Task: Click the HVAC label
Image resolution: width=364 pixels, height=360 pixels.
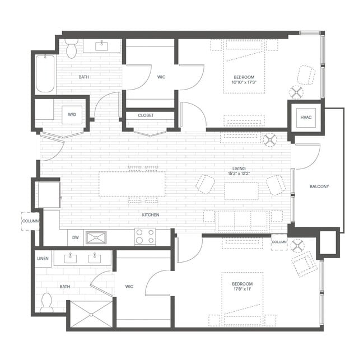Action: point(305,117)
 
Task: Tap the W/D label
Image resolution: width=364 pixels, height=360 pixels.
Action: point(72,114)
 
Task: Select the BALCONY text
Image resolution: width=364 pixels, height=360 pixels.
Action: point(319,186)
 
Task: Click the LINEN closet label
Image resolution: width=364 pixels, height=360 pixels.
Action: point(43,258)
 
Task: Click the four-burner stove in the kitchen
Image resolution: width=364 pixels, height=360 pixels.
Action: point(144,237)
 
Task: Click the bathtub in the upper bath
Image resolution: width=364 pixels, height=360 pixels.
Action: point(45,73)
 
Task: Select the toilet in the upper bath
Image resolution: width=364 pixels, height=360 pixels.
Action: point(71,49)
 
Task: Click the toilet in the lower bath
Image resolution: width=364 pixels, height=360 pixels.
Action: point(46,302)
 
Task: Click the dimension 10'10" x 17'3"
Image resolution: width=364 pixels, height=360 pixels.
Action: point(244,83)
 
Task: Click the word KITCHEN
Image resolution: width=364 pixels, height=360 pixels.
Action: point(150,215)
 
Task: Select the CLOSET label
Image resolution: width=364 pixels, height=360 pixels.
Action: point(146,115)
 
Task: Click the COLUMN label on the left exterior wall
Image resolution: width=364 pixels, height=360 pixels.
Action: point(30,221)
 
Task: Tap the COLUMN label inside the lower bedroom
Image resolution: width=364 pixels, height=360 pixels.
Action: point(279,242)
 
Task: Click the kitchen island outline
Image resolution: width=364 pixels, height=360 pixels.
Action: point(132,184)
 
